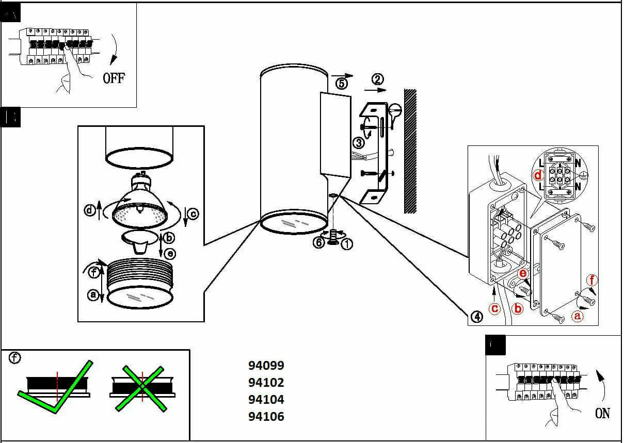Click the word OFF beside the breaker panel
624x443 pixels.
pyautogui.click(x=114, y=78)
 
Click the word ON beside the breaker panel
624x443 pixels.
pyautogui.click(x=602, y=413)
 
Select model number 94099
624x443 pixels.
pyautogui.click(x=266, y=366)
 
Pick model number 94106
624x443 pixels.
pyautogui.click(x=266, y=416)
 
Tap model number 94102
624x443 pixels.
pyautogui.click(x=266, y=383)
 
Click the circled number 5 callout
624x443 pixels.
pyautogui.click(x=342, y=83)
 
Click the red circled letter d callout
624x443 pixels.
pyautogui.click(x=539, y=174)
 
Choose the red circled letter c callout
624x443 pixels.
pyautogui.click(x=495, y=308)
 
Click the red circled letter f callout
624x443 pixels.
pyautogui.click(x=592, y=280)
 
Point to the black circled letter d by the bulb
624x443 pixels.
pyautogui.click(x=90, y=210)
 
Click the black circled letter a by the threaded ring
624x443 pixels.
pyautogui.click(x=93, y=294)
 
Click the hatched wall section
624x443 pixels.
pyautogui.click(x=410, y=151)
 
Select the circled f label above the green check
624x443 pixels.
pyautogui.click(x=15, y=358)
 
